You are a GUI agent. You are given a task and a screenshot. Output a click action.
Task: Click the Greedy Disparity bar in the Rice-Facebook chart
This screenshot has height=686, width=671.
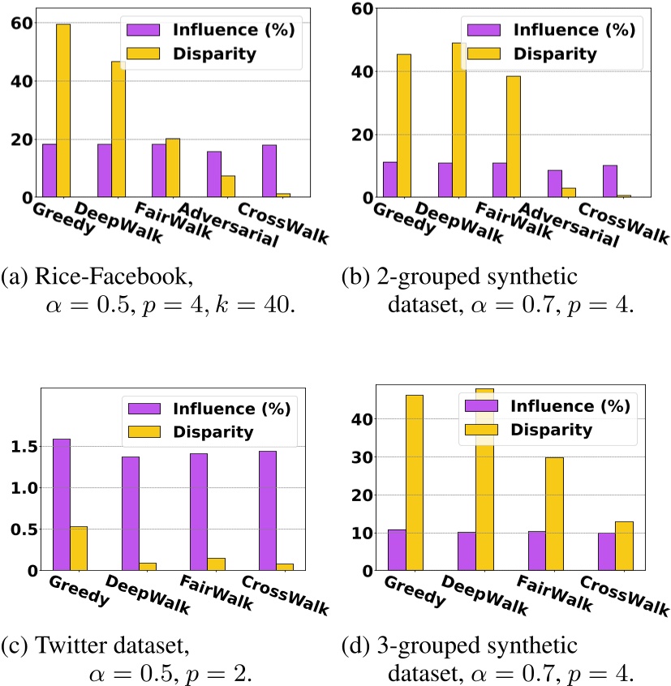63,110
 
